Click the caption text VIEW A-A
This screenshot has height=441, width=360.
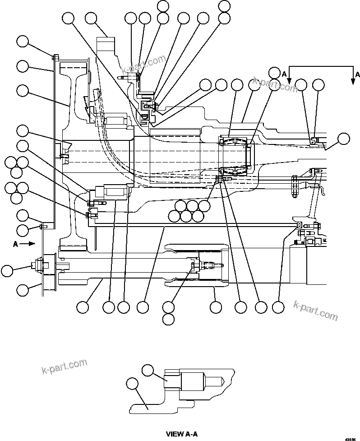(182, 434)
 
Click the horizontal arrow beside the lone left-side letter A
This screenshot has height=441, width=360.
(28, 243)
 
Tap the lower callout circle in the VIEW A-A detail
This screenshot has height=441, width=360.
(132, 384)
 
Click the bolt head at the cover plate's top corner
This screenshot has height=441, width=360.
(55, 57)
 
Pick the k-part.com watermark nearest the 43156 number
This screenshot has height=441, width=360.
(315, 310)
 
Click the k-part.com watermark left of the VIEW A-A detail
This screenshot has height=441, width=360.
(64, 367)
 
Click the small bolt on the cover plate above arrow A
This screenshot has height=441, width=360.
(42, 226)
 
